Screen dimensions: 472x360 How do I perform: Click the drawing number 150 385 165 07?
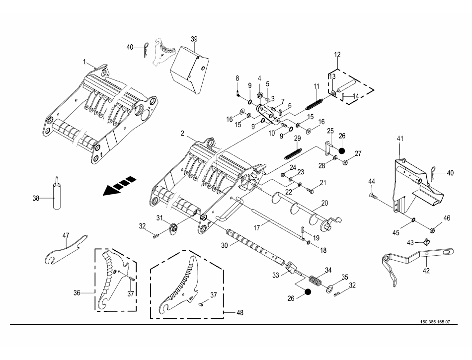tap(435, 321)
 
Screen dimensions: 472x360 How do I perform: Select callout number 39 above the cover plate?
tap(194, 39)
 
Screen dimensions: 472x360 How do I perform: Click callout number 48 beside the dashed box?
tap(239, 312)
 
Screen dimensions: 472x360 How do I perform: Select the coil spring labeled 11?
tap(315, 103)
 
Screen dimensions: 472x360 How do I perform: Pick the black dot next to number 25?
tap(341, 150)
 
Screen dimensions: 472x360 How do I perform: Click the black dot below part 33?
tap(308, 291)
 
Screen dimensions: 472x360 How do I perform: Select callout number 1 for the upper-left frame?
tap(84, 62)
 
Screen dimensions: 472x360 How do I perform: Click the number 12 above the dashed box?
tap(337, 55)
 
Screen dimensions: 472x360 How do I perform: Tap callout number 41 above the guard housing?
tap(400, 139)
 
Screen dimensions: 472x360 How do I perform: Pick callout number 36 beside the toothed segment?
tap(77, 292)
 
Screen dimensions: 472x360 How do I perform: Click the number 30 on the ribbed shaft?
tap(224, 245)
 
